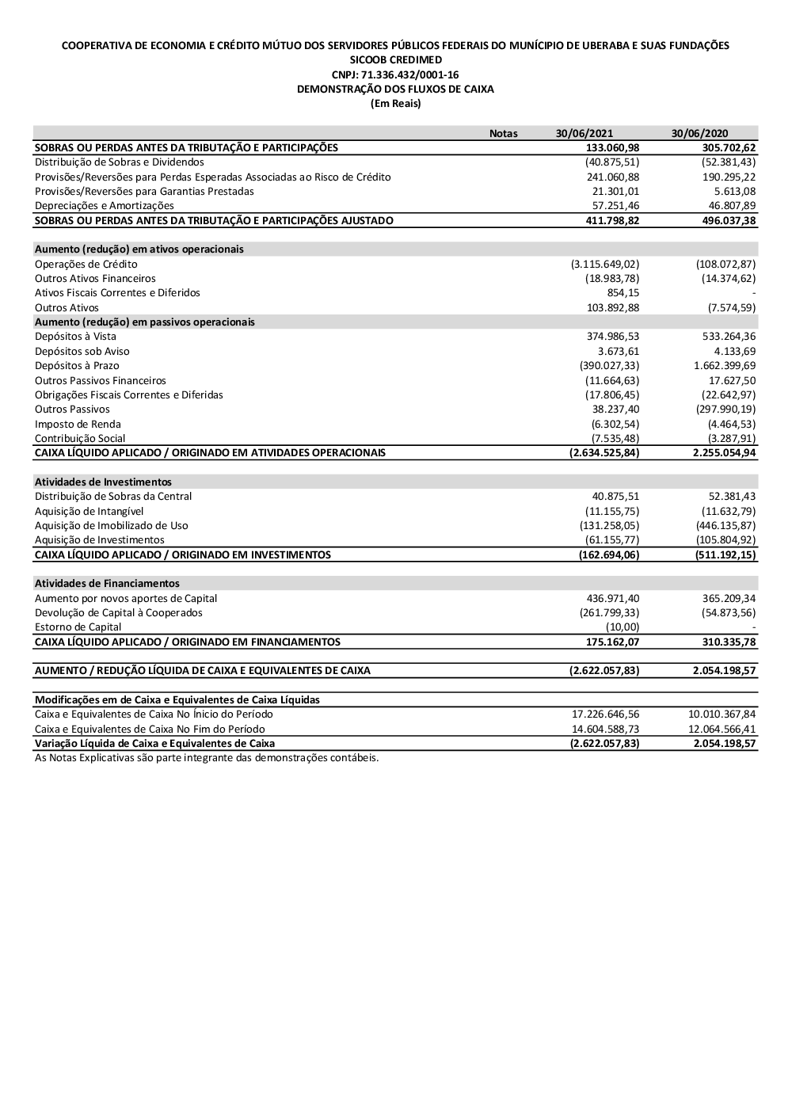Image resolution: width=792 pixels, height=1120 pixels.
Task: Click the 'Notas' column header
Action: click(503, 133)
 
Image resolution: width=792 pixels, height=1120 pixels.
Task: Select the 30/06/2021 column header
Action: click(584, 133)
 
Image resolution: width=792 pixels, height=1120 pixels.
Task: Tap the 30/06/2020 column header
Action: click(699, 133)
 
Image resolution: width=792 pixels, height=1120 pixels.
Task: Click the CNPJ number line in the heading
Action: click(395, 74)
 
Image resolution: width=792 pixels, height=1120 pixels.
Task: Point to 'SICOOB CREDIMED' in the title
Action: click(395, 60)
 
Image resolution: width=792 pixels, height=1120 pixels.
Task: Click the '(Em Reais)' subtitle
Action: click(395, 104)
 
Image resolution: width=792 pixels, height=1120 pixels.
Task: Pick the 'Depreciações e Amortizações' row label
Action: click(104, 206)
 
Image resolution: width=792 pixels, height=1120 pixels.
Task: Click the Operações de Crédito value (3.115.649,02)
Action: click(605, 264)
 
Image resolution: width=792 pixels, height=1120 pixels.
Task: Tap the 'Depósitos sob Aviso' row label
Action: click(82, 351)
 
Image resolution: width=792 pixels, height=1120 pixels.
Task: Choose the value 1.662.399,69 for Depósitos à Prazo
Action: click(724, 365)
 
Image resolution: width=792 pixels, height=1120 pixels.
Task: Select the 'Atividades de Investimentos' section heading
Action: click(103, 482)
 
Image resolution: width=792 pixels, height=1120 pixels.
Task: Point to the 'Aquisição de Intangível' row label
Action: click(89, 511)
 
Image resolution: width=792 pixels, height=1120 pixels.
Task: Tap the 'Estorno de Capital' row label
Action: click(78, 627)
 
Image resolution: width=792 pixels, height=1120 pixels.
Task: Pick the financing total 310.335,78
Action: click(729, 642)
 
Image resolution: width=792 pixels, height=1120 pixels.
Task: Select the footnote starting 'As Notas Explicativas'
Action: click(207, 757)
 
